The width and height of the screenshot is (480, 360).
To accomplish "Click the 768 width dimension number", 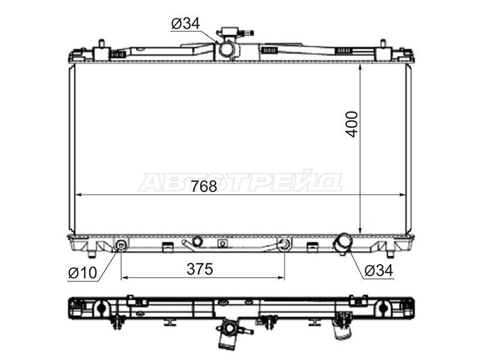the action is point(204,187).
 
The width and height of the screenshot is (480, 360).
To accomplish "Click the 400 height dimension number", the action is point(352,124).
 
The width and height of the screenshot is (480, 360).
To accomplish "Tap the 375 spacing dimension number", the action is point(200,269).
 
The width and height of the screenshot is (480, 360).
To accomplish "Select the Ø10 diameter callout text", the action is point(83,273).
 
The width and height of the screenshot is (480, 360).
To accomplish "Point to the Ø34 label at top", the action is point(185,24).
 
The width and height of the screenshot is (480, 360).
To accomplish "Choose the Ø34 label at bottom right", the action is point(379,271).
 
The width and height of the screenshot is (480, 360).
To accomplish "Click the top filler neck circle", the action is point(227,49).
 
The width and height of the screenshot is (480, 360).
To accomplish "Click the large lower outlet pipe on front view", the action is point(343,243).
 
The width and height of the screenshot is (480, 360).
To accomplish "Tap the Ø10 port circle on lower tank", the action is point(121,245).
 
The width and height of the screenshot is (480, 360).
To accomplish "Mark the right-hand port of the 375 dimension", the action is point(284,244).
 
